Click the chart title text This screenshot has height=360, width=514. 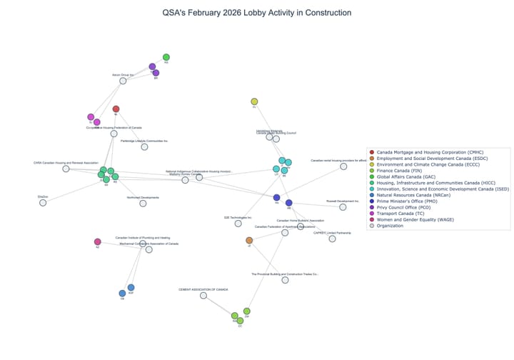click(x=256, y=13)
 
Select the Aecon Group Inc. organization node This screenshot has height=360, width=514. click(x=123, y=81)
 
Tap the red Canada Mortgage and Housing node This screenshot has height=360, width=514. click(x=116, y=109)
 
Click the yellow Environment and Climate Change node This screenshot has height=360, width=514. click(x=254, y=102)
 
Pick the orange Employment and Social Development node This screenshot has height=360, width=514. click(x=249, y=241)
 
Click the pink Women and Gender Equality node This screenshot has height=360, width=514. click(x=98, y=242)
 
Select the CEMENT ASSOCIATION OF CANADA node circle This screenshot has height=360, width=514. click(x=203, y=295)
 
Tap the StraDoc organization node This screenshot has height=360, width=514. click(x=43, y=203)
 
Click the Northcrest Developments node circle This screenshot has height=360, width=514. click(x=143, y=204)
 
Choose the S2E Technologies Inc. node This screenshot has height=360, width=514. click(x=238, y=224)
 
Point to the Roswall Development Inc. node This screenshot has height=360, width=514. click(x=343, y=207)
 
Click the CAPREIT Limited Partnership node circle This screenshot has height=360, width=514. click(x=332, y=239)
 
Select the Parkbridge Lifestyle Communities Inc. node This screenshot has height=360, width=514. click(x=144, y=147)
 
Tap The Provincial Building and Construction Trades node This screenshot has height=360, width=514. click(x=285, y=280)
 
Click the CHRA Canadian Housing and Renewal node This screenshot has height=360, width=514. click(x=66, y=169)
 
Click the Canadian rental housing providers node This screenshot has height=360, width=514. click(x=343, y=166)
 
